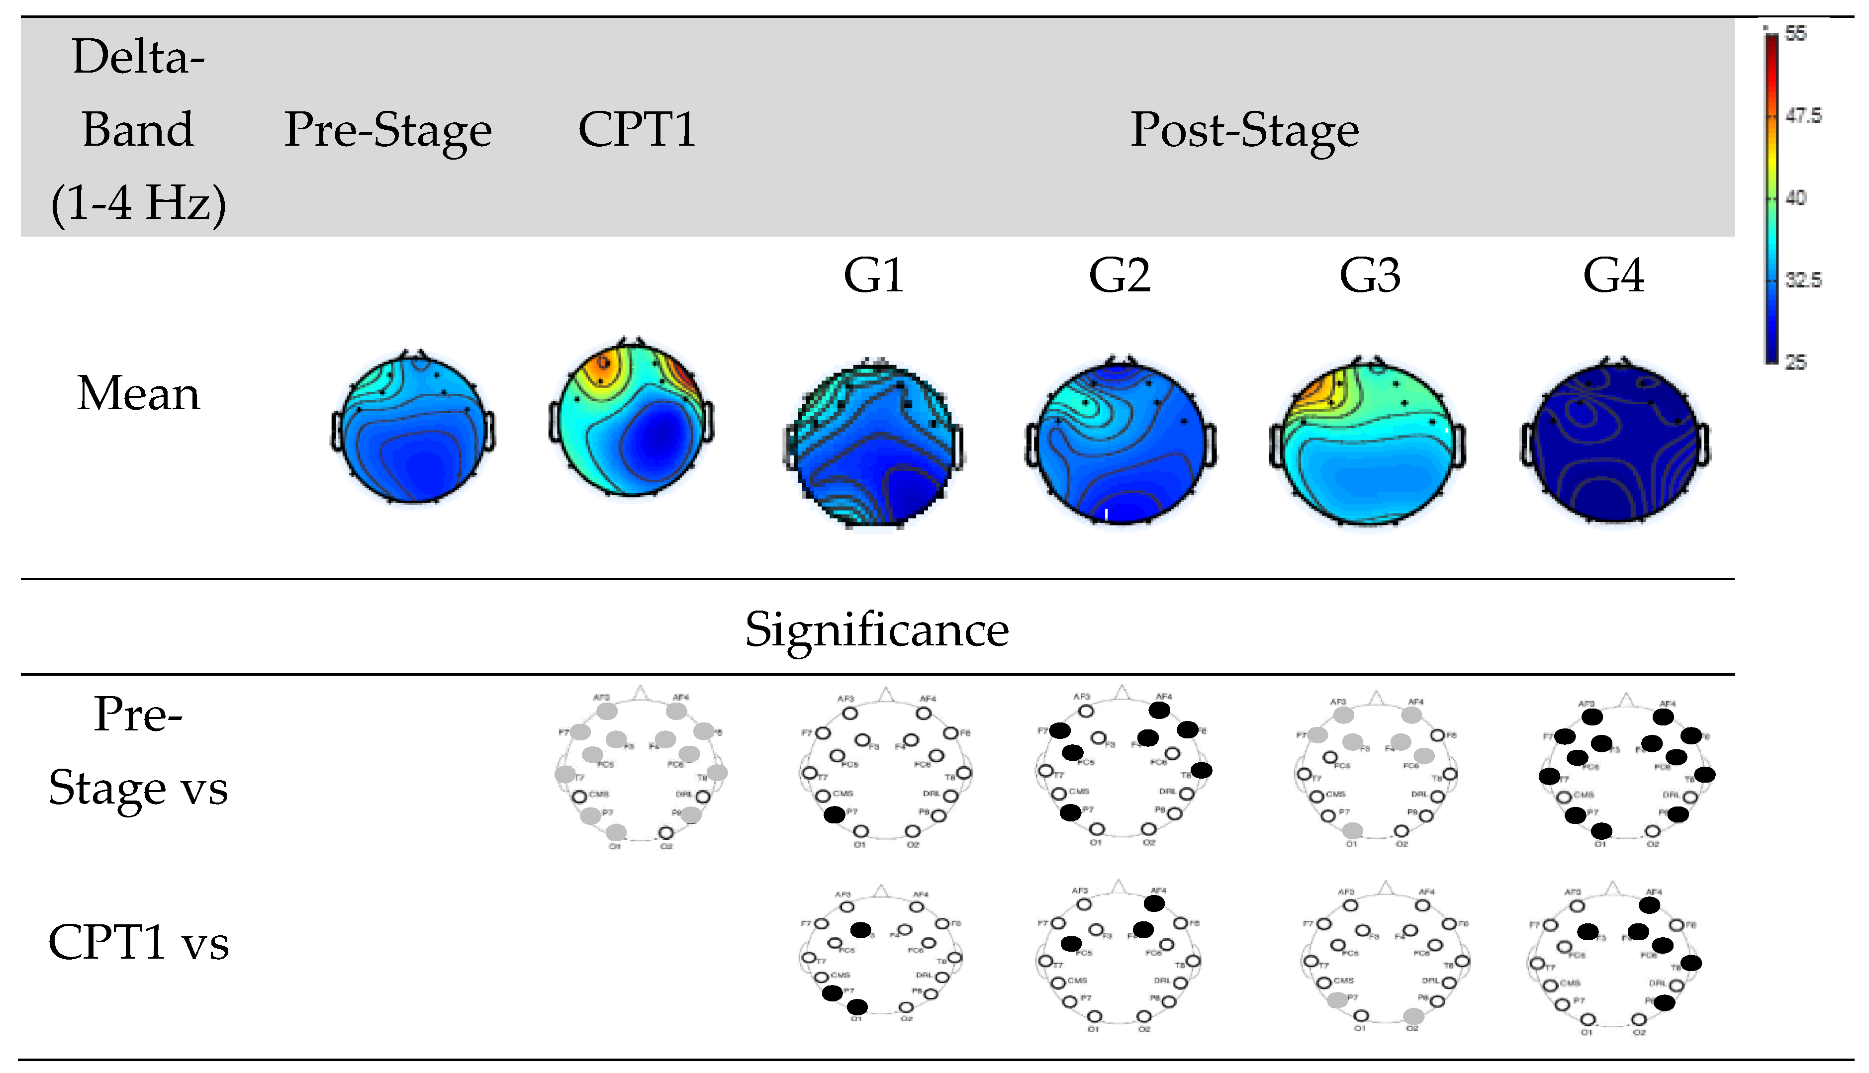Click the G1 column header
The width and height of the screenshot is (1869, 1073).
click(x=873, y=276)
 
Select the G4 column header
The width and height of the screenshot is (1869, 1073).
click(x=1613, y=276)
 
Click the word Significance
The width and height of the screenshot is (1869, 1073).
click(x=876, y=630)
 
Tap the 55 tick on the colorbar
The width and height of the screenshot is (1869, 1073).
click(x=1796, y=34)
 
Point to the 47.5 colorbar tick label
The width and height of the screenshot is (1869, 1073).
click(x=1803, y=116)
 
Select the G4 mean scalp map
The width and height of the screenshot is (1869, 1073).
click(x=1614, y=442)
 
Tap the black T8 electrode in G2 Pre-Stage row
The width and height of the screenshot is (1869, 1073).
click(x=1201, y=771)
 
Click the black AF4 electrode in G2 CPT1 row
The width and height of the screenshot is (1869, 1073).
click(x=1155, y=903)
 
